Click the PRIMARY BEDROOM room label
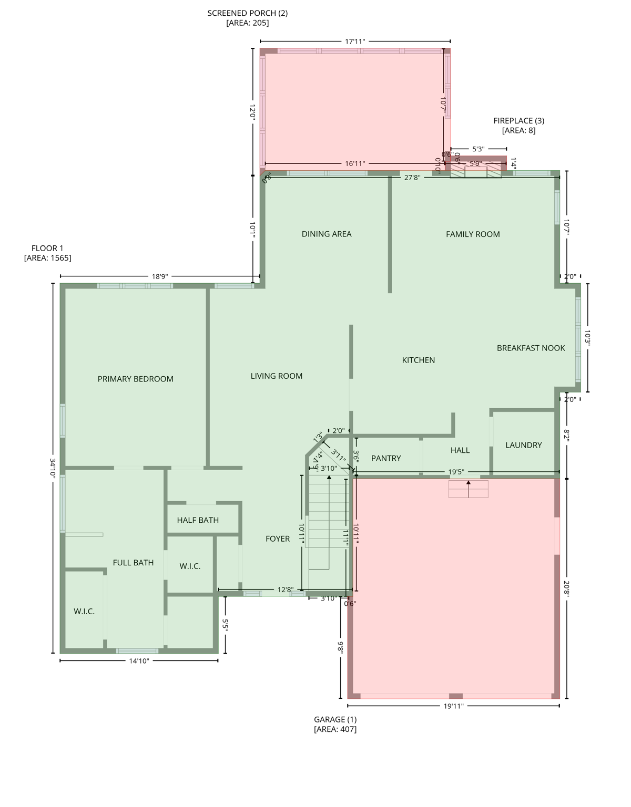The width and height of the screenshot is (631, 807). (x=135, y=379)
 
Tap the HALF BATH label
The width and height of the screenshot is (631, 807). (x=198, y=520)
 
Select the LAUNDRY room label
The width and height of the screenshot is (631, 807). (x=523, y=445)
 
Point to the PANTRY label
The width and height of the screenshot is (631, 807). (x=386, y=458)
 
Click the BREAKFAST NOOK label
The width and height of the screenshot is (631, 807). (x=531, y=348)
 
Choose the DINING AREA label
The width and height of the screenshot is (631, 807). (x=327, y=234)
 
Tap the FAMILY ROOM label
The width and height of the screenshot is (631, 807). (x=473, y=234)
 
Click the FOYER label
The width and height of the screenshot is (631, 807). (x=278, y=539)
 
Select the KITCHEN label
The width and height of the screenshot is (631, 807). (x=419, y=360)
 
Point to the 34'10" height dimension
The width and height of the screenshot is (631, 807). (x=53, y=467)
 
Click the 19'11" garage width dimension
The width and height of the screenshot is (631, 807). (x=453, y=706)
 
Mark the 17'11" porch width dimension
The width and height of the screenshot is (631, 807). (x=355, y=41)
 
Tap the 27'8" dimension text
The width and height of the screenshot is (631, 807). (x=412, y=178)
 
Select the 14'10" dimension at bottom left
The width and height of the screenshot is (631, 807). (x=139, y=661)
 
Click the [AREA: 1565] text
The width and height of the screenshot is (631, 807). (x=47, y=258)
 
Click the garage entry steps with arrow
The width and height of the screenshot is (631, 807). (x=468, y=489)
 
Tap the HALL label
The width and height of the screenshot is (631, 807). (x=460, y=450)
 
